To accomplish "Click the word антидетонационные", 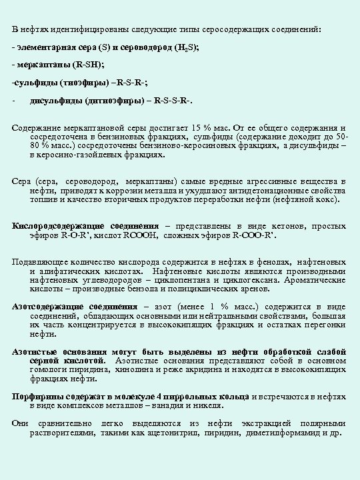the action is coord(269,190).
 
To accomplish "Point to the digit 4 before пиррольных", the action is coord(162,396).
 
